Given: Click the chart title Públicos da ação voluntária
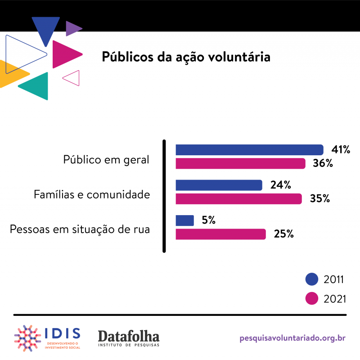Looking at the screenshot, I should point(186,57).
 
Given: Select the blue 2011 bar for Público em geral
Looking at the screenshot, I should point(249,150).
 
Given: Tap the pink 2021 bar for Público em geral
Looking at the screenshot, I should point(240,163).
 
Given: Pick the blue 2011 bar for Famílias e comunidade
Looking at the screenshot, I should point(219,185).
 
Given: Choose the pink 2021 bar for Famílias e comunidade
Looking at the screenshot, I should point(238,198).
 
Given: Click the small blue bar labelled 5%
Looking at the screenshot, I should point(184,220).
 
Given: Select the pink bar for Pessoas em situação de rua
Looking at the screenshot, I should point(220,234).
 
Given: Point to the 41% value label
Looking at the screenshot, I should point(341,150).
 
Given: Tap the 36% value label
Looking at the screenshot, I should point(323,163).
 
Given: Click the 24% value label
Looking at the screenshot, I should point(280,185).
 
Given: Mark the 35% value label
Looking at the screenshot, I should point(319,198).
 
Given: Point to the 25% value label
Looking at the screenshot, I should point(283,234).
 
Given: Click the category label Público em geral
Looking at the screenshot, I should point(106,160).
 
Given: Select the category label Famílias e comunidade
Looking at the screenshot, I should point(92,195).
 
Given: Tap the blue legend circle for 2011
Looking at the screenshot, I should point(312,279).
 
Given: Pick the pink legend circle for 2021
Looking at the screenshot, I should point(312,298).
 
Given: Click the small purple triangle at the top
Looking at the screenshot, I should point(72,28).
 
